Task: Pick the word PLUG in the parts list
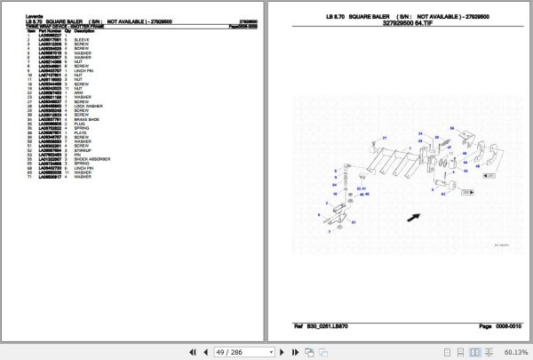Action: coord(79,124)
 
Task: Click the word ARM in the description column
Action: coord(78,92)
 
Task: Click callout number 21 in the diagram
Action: coord(385,137)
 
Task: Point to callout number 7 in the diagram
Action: coord(330,231)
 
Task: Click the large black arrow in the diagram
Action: coord(412,216)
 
